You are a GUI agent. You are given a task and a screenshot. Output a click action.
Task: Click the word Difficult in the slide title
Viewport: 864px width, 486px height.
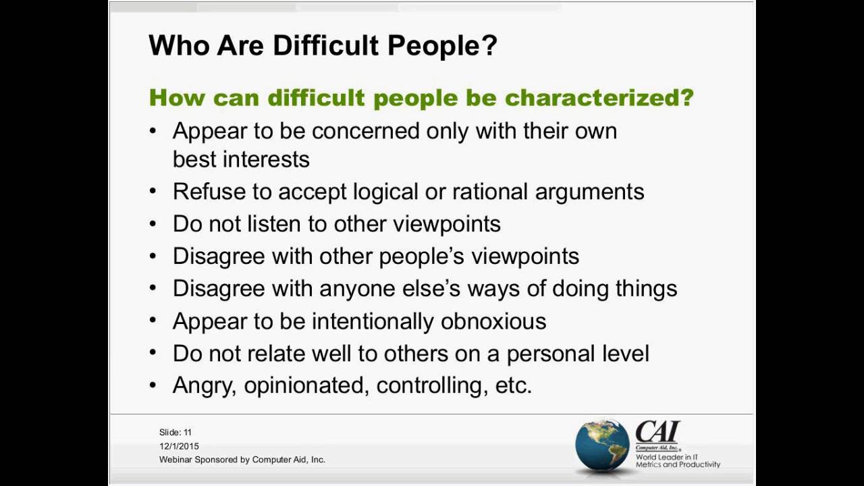(x=325, y=46)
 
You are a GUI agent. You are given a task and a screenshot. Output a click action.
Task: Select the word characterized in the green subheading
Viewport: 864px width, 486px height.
(x=599, y=98)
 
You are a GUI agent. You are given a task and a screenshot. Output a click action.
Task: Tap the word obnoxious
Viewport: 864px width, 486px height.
(x=493, y=321)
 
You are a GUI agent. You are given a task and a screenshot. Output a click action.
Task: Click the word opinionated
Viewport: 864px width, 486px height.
(x=306, y=385)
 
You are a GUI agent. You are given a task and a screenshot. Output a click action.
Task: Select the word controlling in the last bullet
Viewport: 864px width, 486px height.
(x=432, y=385)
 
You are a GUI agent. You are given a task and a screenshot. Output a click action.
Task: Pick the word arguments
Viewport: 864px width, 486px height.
(x=589, y=192)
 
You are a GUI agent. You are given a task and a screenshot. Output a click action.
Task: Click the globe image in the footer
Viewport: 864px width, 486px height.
(x=602, y=444)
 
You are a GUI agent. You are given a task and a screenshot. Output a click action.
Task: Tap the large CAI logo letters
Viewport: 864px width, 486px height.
(x=657, y=432)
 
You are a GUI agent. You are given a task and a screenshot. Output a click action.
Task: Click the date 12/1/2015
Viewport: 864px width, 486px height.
(x=179, y=446)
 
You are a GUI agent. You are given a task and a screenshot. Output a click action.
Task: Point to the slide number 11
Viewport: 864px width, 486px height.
(x=188, y=432)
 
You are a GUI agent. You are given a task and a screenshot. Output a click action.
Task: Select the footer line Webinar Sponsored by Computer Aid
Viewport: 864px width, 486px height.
(x=242, y=460)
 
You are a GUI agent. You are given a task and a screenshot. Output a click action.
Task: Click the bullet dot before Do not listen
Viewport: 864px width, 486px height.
(x=153, y=224)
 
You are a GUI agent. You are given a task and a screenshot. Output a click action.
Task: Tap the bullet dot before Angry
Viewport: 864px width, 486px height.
(x=153, y=385)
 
